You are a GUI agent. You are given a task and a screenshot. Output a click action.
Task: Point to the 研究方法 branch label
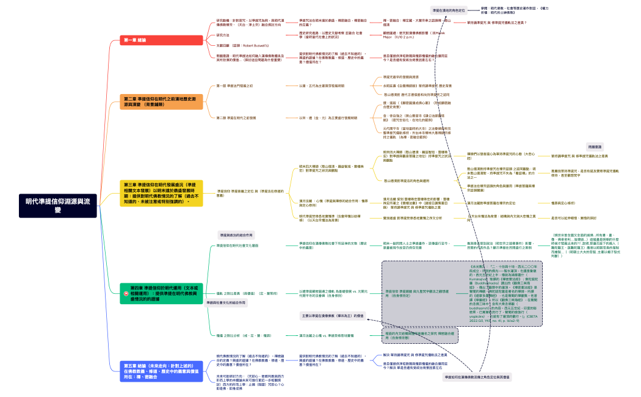point(224,35)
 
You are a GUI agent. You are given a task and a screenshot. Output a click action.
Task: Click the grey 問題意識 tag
point(595,147)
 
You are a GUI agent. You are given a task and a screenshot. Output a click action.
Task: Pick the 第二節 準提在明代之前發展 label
point(236,117)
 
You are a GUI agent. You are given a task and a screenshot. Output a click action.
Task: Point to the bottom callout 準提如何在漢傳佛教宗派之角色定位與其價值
point(477,377)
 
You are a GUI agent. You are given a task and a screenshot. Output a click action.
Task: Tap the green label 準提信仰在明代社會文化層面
point(237,246)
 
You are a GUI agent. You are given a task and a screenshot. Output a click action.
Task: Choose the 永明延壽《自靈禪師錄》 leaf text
point(413,86)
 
